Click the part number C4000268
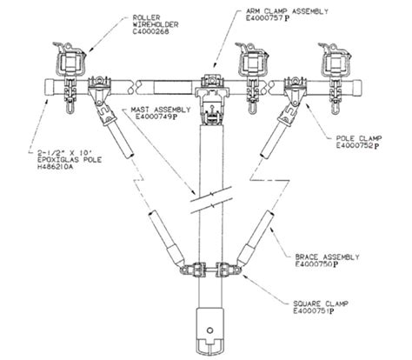click(x=150, y=31)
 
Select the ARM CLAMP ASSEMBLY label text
click(x=287, y=11)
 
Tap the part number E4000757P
click(x=268, y=18)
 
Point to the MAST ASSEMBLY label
click(x=161, y=110)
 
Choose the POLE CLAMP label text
click(x=359, y=138)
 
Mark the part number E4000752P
click(x=357, y=146)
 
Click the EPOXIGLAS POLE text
click(x=70, y=160)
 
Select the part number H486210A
click(x=56, y=167)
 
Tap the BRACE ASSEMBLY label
click(x=327, y=257)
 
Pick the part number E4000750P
click(x=316, y=264)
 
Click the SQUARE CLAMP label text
click(x=321, y=304)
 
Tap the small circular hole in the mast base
click(x=210, y=330)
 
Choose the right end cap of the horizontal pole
click(x=356, y=88)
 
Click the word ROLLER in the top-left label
click(x=146, y=17)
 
